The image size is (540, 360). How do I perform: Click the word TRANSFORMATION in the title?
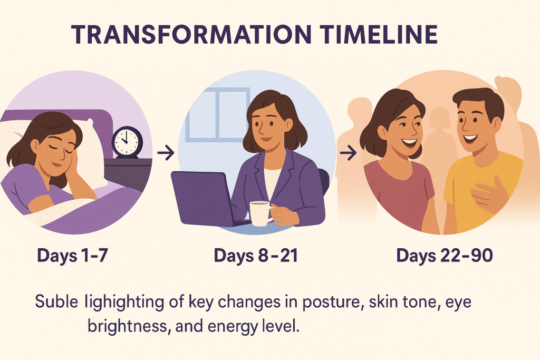[191, 35]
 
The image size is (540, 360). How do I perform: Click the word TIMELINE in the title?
[379, 35]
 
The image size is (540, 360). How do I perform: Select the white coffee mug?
[261, 213]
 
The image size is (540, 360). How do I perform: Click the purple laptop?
[203, 199]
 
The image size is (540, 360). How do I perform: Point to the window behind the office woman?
[218, 114]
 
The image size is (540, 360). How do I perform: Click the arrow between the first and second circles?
[166, 152]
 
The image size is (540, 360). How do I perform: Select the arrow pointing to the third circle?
[348, 152]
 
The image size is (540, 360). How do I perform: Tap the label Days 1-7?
[72, 255]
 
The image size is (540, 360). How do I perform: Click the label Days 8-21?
[256, 255]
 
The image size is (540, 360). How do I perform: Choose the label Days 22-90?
[444, 255]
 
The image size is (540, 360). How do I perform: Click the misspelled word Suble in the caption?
[56, 301]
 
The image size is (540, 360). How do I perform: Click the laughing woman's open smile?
[409, 142]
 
